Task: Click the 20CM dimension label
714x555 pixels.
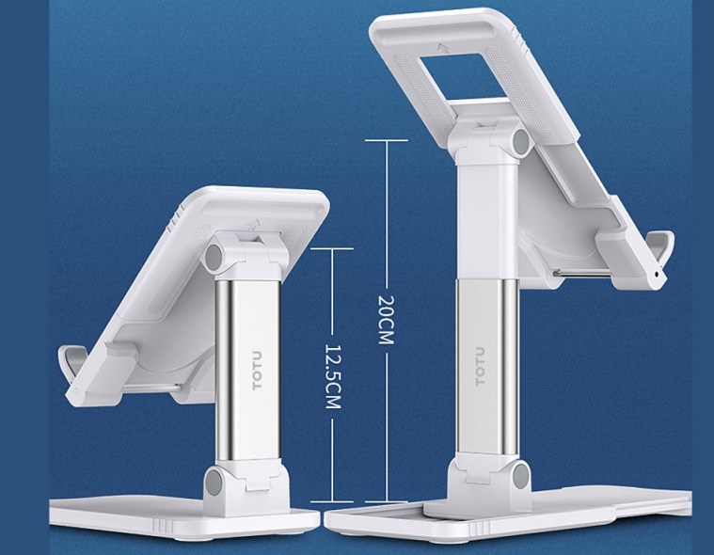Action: point(386,320)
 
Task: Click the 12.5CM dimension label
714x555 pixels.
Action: point(332,376)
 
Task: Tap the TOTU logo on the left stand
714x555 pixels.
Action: point(257,370)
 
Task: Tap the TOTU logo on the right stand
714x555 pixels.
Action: point(481,367)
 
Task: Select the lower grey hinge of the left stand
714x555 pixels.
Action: point(213,483)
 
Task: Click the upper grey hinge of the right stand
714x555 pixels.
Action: point(522,142)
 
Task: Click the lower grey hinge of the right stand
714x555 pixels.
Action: point(521,474)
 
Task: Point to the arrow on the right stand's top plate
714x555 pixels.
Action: point(443,47)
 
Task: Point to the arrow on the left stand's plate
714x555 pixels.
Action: point(253,225)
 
